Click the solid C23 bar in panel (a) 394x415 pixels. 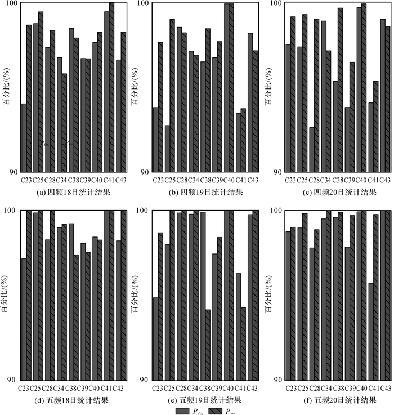coord(24,138)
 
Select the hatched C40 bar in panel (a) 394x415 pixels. coord(100,102)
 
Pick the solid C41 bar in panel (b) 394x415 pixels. coord(239,142)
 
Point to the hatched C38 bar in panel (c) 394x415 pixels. coord(340,90)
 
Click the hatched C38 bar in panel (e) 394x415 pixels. coord(208,345)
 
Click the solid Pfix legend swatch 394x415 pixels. coord(183,410)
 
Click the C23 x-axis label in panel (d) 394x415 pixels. coord(25,389)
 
